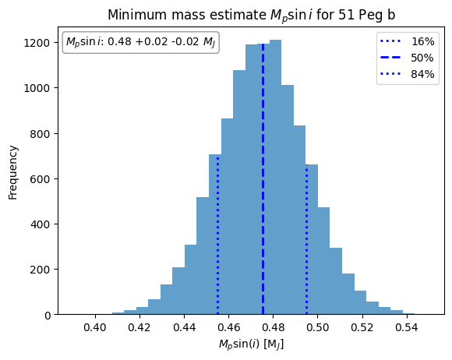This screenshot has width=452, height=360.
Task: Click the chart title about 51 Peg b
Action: point(251,16)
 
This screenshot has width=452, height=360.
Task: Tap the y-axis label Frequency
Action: point(13,172)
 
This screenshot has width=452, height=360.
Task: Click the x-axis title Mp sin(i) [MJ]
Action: point(251,344)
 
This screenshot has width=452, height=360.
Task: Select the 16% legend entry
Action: point(408,41)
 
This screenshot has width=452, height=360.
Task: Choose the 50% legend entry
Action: point(408,58)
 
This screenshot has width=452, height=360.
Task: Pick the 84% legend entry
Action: point(408,74)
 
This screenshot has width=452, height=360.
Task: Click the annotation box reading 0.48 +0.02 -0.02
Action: point(141,42)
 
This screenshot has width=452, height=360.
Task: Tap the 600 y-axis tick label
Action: point(41,178)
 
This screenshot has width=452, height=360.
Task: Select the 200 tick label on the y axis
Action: point(41,270)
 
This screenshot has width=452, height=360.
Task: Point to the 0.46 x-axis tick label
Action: point(228,328)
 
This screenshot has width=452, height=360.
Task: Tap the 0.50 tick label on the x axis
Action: point(317,328)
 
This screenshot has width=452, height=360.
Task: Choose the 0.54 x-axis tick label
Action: point(407,328)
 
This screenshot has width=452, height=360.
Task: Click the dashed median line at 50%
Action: point(263,178)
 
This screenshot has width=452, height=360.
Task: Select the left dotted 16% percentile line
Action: point(217,236)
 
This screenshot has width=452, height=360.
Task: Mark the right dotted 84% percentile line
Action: point(307,239)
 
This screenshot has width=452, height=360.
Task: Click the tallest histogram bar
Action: point(275,177)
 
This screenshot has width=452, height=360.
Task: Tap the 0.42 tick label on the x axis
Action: point(139,328)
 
